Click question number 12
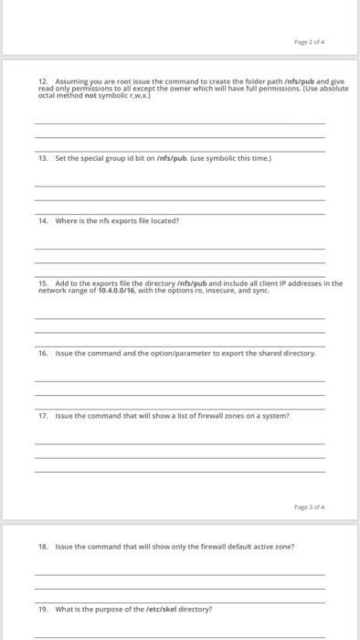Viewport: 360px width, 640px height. pyautogui.click(x=42, y=81)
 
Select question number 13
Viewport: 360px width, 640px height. pyautogui.click(x=42, y=157)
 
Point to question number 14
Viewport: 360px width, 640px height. pyautogui.click(x=42, y=220)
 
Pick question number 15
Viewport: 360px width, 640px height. pyautogui.click(x=42, y=283)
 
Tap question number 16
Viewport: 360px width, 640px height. pyautogui.click(x=42, y=352)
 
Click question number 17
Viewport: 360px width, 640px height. pyautogui.click(x=42, y=415)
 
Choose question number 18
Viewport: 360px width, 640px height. pyautogui.click(x=42, y=546)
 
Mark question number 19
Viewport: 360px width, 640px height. pyautogui.click(x=42, y=608)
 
